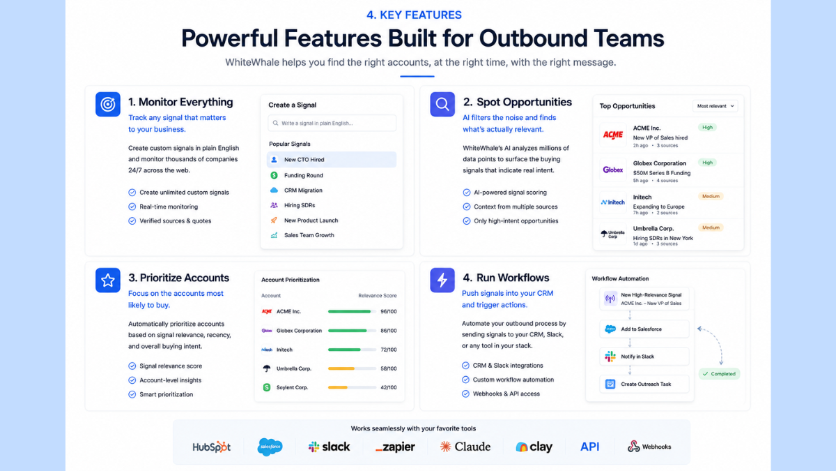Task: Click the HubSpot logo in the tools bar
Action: pyautogui.click(x=211, y=447)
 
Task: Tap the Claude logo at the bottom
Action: pyautogui.click(x=465, y=447)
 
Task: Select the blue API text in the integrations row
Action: pyautogui.click(x=589, y=447)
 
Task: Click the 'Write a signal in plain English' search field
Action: pyautogui.click(x=332, y=123)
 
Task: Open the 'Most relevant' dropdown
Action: pyautogui.click(x=715, y=106)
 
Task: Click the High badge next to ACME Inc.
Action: pyautogui.click(x=707, y=128)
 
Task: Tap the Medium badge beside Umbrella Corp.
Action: pyautogui.click(x=711, y=227)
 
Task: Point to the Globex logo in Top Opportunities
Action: pyautogui.click(x=613, y=170)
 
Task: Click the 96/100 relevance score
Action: pyautogui.click(x=389, y=311)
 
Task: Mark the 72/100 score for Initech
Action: pyautogui.click(x=389, y=350)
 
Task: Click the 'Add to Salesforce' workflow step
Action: pyautogui.click(x=644, y=329)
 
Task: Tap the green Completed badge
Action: pyautogui.click(x=719, y=374)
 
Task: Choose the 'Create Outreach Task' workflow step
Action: pyautogui.click(x=644, y=384)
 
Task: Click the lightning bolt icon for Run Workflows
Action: pyautogui.click(x=442, y=280)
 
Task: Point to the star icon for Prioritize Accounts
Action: pyautogui.click(x=108, y=280)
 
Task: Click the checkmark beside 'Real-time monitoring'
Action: pyautogui.click(x=132, y=207)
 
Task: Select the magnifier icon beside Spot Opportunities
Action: pyautogui.click(x=442, y=104)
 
